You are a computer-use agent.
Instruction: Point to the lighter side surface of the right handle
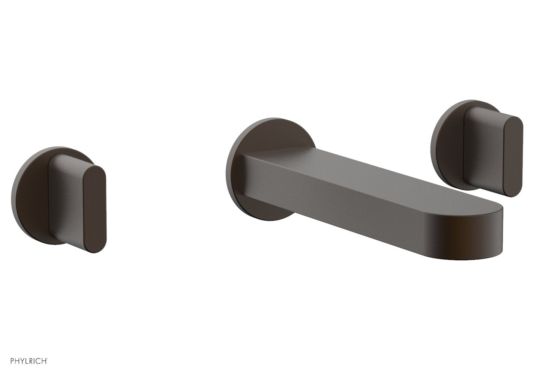pyautogui.click(x=484, y=150)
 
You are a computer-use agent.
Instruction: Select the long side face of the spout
pyautogui.click(x=337, y=202)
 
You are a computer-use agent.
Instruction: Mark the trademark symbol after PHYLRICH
pyautogui.click(x=47, y=359)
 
